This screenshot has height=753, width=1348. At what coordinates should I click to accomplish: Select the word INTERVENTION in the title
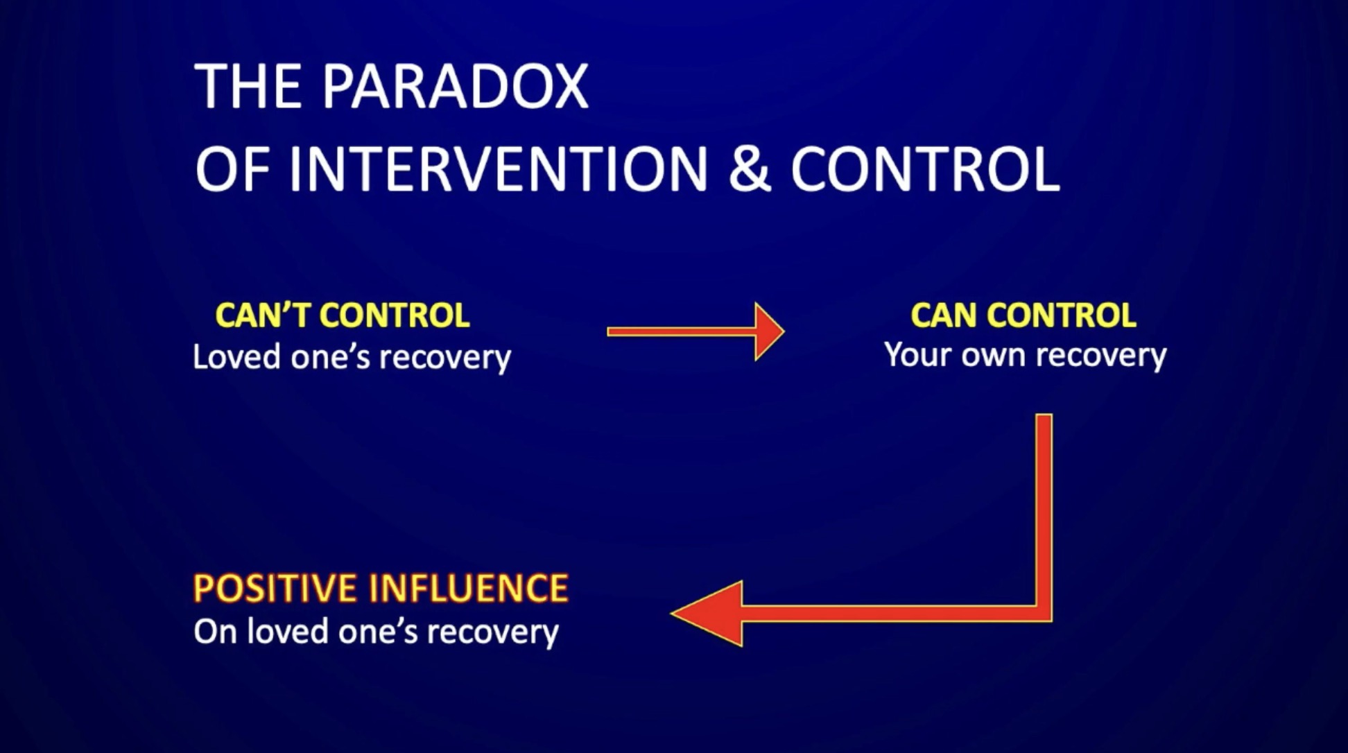click(x=498, y=169)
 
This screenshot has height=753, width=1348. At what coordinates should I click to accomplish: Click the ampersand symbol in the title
click(x=750, y=169)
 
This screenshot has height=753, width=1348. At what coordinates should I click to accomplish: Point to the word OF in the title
click(x=232, y=169)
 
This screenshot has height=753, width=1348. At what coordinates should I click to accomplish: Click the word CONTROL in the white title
click(x=925, y=169)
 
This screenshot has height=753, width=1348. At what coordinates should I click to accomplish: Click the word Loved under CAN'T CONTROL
click(x=236, y=357)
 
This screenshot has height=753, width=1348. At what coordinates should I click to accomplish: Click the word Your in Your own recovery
click(x=919, y=355)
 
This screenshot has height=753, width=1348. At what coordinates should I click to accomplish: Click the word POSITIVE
click(x=276, y=589)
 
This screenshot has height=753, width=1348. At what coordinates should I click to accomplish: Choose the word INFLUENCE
click(x=468, y=589)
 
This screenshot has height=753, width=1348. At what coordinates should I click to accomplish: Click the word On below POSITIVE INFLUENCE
click(x=216, y=632)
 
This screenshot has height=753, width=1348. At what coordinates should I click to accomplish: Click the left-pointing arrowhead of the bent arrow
click(x=707, y=614)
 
